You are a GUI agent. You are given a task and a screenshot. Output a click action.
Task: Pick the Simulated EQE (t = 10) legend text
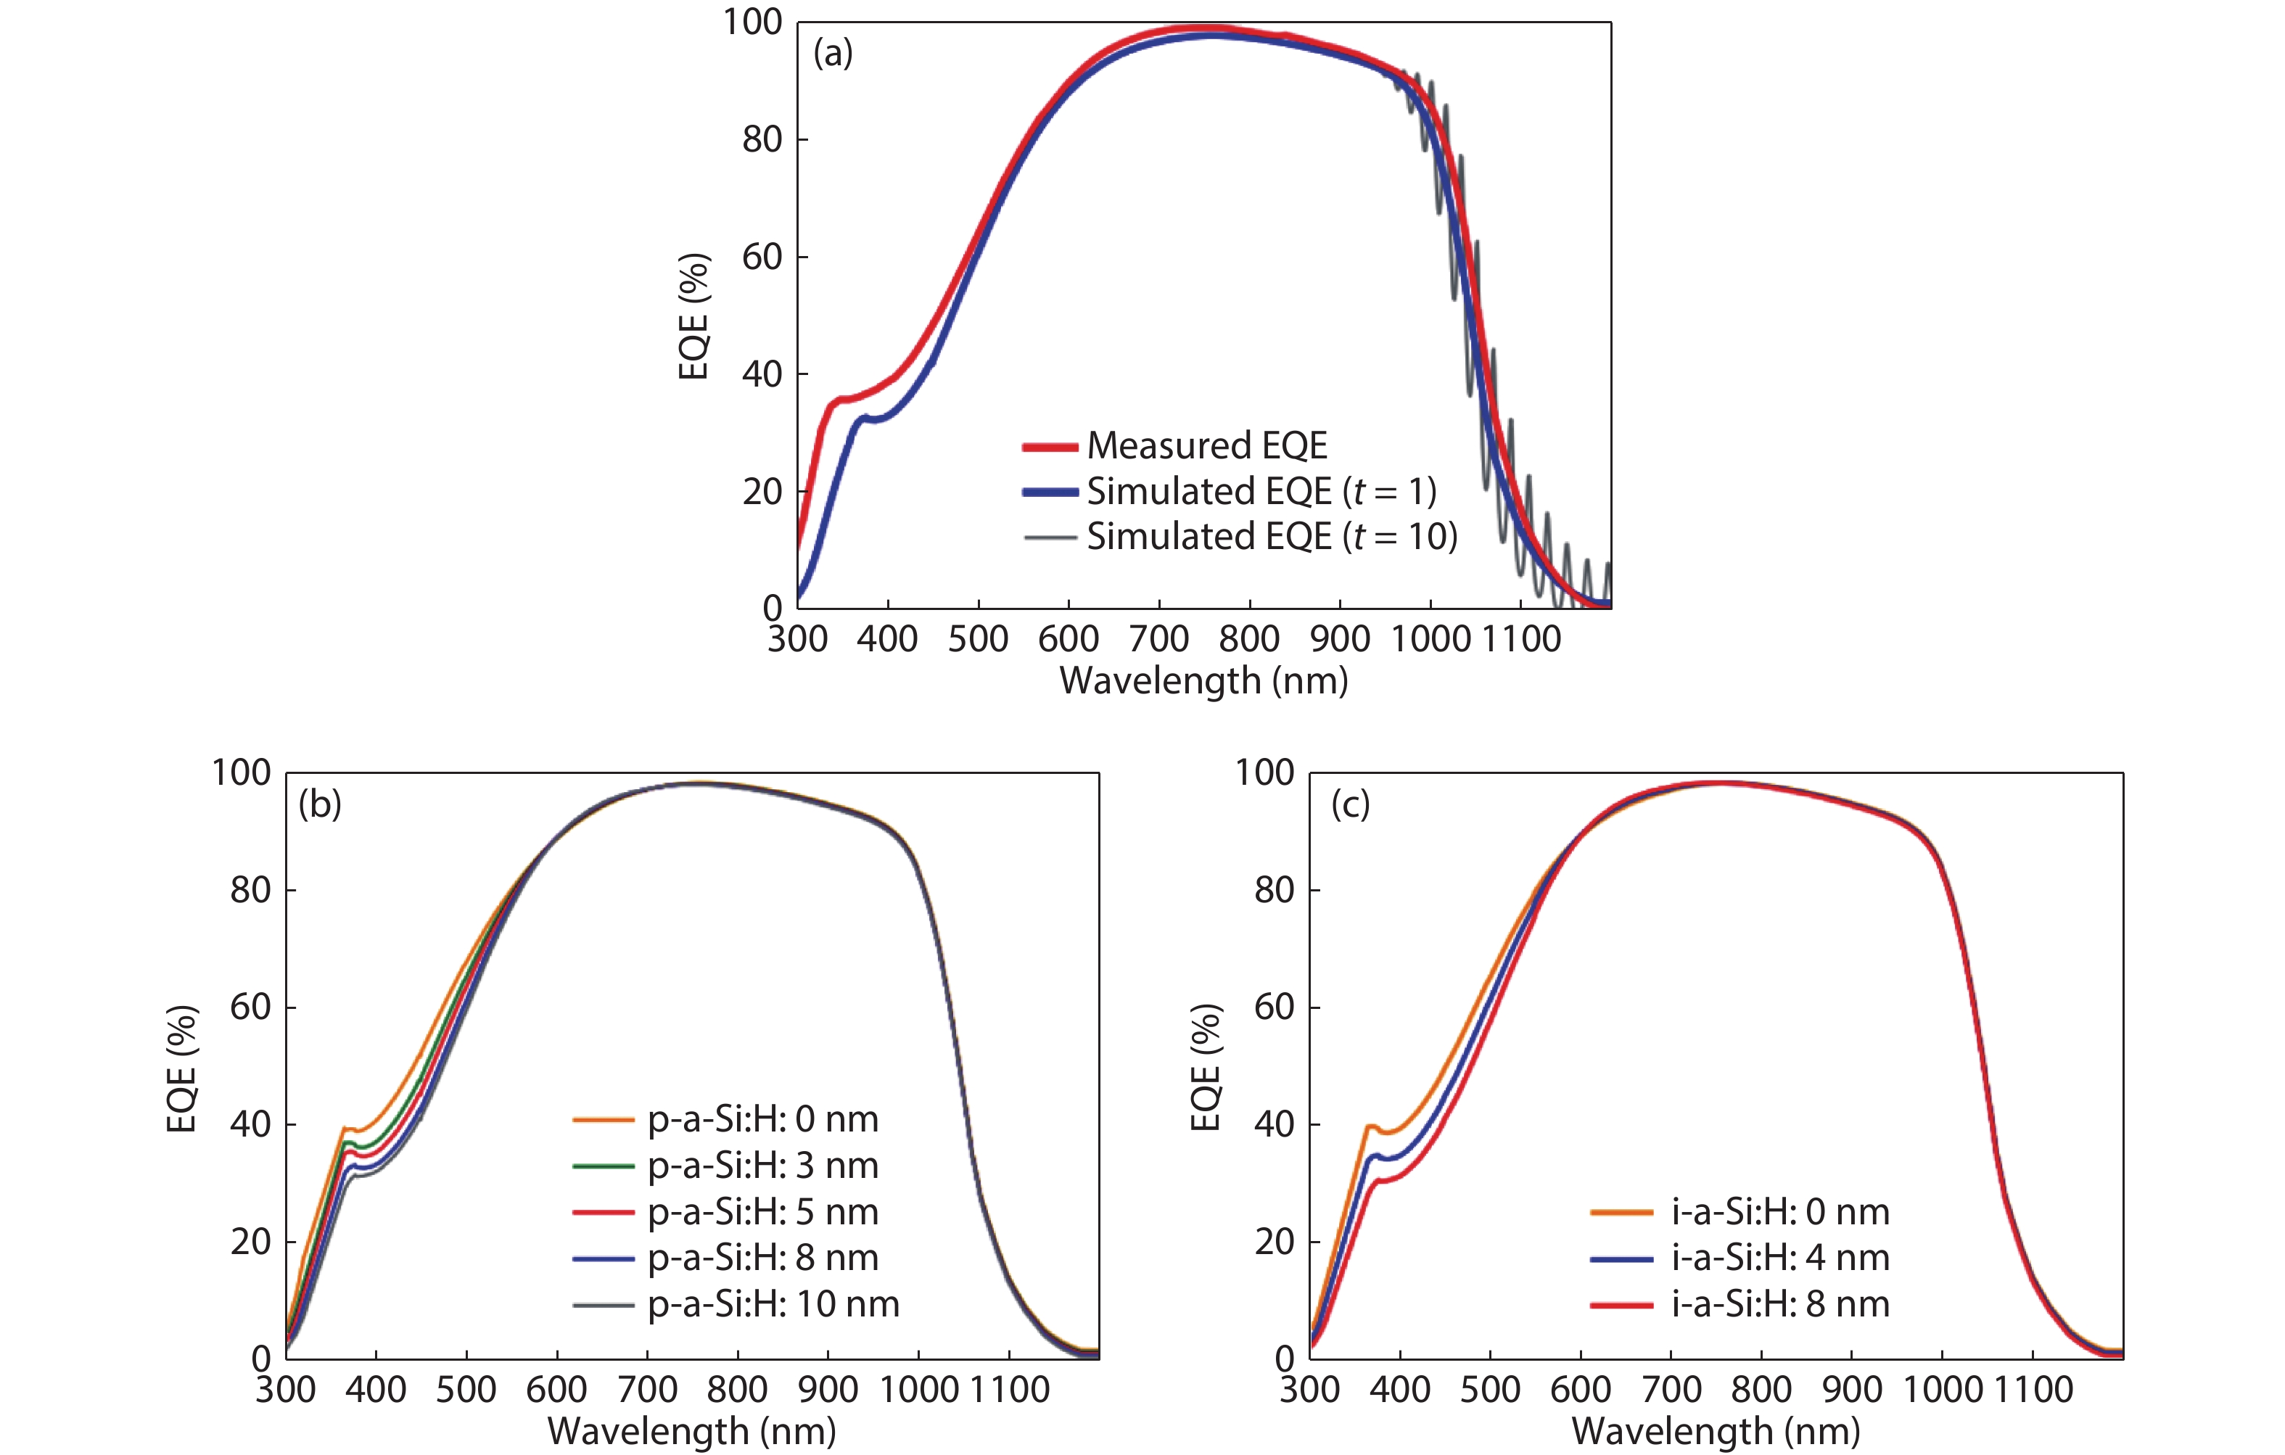(x=1272, y=536)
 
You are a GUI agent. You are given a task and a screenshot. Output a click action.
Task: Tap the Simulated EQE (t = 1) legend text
(x=1261, y=491)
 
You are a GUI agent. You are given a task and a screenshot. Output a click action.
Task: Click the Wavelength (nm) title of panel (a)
(x=1203, y=680)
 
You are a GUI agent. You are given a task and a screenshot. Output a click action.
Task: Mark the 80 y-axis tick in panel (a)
(x=762, y=139)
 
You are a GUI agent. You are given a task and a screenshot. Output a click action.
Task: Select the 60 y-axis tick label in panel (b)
(x=250, y=1006)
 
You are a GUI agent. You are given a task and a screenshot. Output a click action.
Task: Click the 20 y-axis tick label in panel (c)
(x=1275, y=1240)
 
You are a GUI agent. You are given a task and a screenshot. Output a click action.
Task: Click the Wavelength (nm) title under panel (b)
(x=692, y=1430)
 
